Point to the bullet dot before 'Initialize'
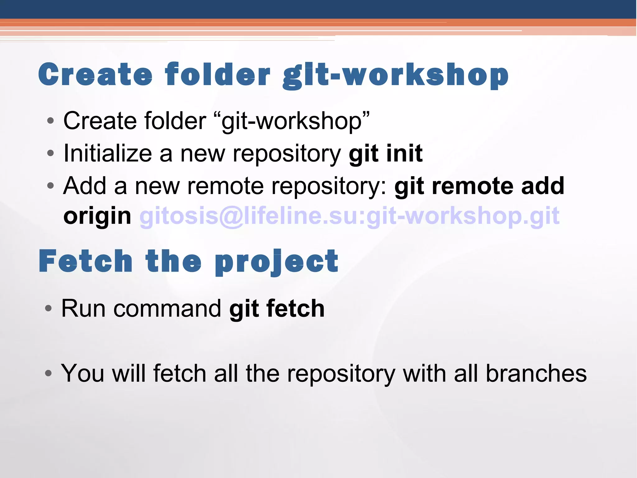point(50,153)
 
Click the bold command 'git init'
point(385,154)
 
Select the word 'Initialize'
point(107,154)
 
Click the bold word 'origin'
point(97,216)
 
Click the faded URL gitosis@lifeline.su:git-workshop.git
point(349,216)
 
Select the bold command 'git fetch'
point(277,309)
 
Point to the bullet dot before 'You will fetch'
point(48,373)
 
